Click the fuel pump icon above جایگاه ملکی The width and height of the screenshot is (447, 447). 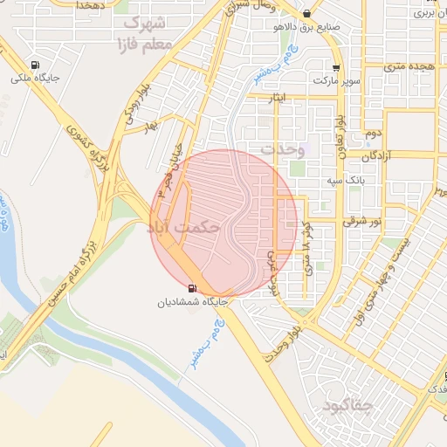coord(35,65)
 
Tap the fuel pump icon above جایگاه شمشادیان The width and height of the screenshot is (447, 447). coord(191,288)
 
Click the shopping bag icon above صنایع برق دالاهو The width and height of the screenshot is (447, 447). coord(306,15)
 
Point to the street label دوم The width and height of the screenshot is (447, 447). coord(375,133)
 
